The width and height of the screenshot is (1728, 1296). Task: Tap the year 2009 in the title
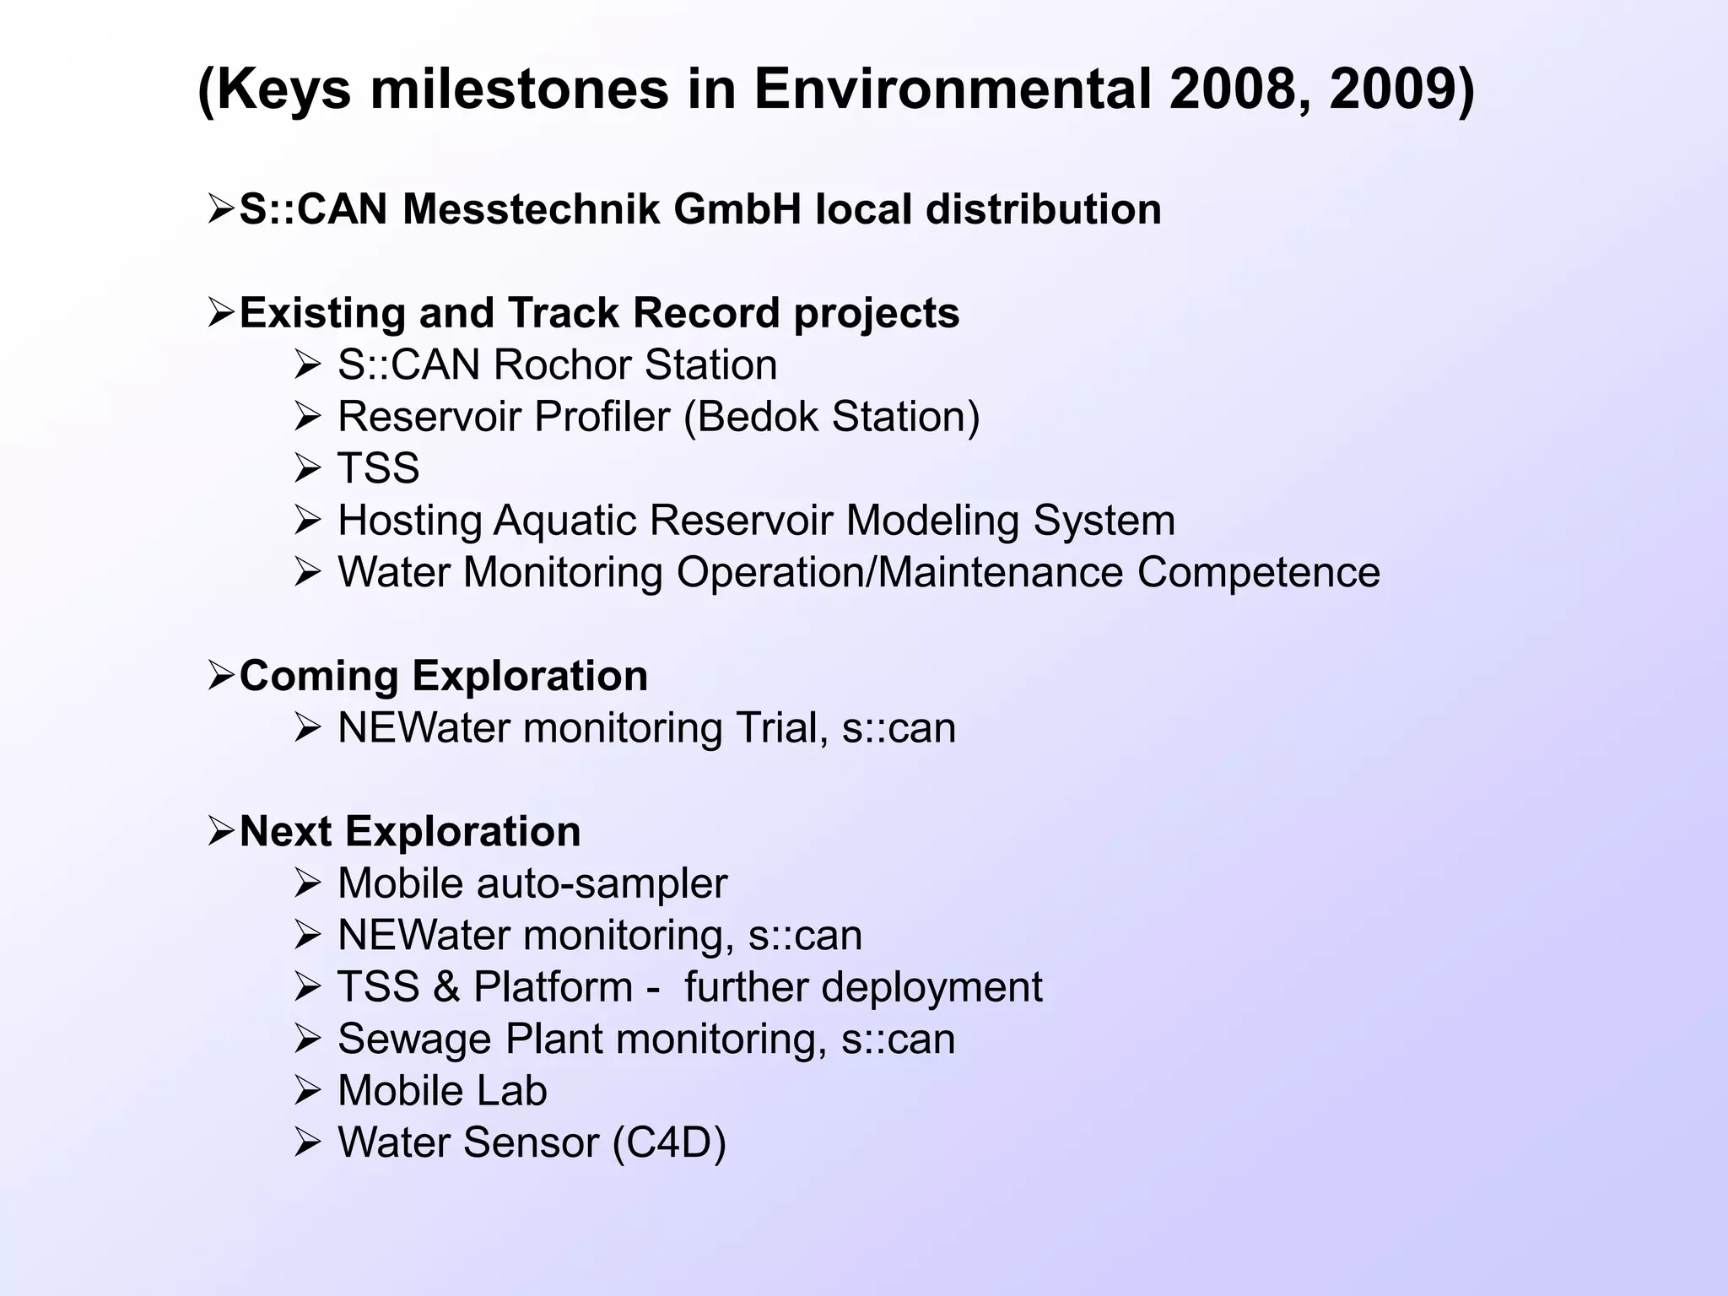[x=1392, y=89]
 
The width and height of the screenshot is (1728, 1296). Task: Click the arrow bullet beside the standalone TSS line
[x=307, y=469]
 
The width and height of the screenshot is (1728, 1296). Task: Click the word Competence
[x=1258, y=572]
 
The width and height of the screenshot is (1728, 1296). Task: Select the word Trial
[x=777, y=728]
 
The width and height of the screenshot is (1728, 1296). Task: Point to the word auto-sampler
[x=602, y=884]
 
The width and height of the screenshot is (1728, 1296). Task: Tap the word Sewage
[x=414, y=1039]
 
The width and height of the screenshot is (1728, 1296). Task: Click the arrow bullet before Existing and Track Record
[x=221, y=314]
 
